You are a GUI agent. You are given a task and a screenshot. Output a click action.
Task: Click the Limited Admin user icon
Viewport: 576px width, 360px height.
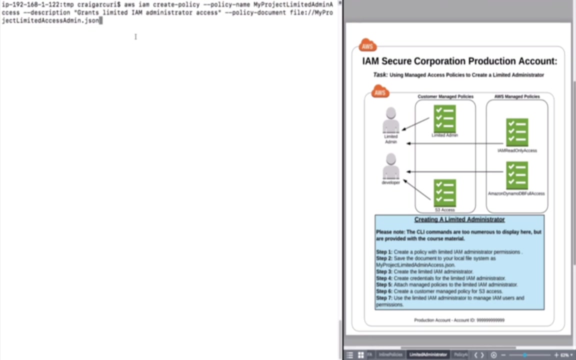[x=391, y=120]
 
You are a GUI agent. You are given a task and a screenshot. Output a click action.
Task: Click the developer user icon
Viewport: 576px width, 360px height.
[x=391, y=166]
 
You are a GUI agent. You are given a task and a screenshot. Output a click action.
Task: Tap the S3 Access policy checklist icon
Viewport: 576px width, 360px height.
[x=444, y=193]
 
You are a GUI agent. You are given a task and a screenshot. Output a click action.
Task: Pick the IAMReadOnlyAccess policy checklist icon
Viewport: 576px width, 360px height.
[x=517, y=132]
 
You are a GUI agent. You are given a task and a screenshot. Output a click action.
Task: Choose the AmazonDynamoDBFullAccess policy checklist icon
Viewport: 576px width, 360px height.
[x=517, y=175]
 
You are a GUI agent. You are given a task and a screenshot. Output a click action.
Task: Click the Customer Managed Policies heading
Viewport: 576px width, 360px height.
[x=445, y=96]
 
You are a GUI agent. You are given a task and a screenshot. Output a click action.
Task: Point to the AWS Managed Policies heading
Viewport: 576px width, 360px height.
[x=516, y=96]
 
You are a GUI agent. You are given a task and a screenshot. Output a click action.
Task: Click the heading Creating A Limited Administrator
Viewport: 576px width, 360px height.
[x=459, y=219]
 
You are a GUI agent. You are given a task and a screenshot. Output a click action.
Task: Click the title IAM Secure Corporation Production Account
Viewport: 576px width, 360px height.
[x=459, y=61]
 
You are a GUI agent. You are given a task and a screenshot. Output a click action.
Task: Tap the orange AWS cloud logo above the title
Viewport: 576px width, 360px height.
[x=367, y=45]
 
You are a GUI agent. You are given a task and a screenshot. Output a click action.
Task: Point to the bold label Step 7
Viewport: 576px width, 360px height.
[x=384, y=298]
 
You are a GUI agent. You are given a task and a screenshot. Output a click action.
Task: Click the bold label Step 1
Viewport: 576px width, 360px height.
[x=384, y=252]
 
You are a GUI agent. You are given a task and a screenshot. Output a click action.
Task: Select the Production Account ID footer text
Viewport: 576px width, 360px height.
[x=459, y=320]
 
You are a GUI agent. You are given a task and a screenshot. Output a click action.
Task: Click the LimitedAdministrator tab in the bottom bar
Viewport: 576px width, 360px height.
[x=428, y=354]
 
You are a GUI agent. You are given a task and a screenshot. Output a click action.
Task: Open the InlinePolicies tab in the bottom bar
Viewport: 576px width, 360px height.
[x=390, y=354]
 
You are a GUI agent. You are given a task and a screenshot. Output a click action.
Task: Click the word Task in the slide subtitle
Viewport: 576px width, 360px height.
[x=380, y=75]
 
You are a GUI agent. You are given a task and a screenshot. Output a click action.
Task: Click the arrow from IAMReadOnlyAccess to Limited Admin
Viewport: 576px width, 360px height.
[x=455, y=143]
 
